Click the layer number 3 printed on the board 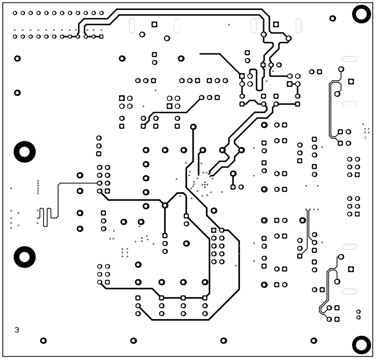17,330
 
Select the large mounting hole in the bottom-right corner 361,345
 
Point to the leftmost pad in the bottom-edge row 43,340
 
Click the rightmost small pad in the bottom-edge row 313,340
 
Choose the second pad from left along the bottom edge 134,340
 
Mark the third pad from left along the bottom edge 223,340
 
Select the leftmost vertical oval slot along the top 132,26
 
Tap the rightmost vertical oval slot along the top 298,26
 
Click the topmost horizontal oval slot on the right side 349,59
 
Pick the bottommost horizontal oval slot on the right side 349,291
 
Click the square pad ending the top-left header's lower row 101,36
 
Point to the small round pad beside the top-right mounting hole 333,18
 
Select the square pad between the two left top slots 154,24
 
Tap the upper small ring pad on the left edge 17,59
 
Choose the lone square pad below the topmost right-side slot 351,82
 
